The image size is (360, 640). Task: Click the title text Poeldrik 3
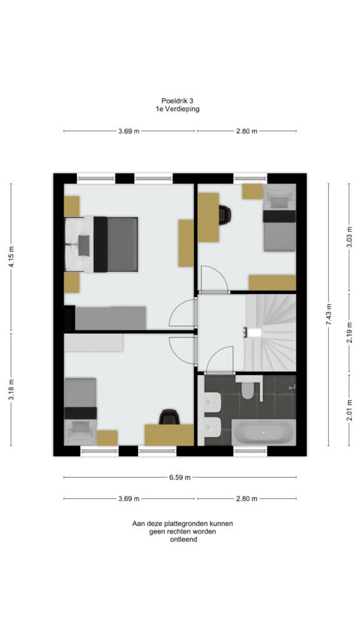[x=177, y=101]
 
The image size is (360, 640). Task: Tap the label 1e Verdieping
[x=177, y=109]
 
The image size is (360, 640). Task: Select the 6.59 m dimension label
[x=180, y=477]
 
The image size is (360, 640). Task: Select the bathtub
[x=264, y=432]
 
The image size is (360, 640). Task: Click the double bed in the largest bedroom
[x=101, y=244]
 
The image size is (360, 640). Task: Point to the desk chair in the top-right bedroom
[x=224, y=215]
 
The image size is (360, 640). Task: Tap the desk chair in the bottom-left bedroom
[x=169, y=417]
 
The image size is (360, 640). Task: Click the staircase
[x=270, y=332]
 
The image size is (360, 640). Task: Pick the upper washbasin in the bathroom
[x=212, y=402]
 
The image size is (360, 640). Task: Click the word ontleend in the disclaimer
[x=184, y=539]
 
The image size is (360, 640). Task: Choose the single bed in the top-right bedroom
[x=279, y=217]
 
